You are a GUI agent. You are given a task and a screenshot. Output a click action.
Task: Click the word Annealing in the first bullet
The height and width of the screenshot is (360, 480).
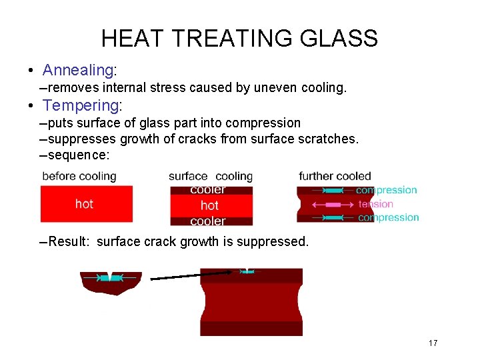click(x=79, y=70)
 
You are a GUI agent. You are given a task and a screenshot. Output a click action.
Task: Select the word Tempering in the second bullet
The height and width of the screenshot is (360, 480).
click(x=79, y=105)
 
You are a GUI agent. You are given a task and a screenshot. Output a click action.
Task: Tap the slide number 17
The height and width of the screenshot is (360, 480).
click(x=433, y=343)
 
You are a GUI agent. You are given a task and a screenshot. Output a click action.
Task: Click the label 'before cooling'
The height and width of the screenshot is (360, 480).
click(x=79, y=177)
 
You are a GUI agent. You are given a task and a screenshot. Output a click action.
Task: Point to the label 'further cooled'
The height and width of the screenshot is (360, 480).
click(x=335, y=177)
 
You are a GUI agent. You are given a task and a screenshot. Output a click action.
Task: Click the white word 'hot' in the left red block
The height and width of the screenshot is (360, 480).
click(x=84, y=203)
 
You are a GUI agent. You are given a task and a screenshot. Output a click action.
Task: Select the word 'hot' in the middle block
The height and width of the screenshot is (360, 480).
click(x=209, y=205)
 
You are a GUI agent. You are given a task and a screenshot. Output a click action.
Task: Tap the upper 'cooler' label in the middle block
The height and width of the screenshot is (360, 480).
click(x=208, y=190)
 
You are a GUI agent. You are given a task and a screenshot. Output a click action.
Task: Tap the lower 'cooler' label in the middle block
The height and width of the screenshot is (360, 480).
click(x=208, y=221)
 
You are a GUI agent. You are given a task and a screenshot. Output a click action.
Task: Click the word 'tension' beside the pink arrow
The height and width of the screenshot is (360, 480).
click(x=376, y=204)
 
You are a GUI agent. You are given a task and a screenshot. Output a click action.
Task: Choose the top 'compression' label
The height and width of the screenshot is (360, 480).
click(x=386, y=190)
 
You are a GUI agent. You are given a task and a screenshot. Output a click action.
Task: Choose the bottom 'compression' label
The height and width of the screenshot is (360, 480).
click(x=389, y=217)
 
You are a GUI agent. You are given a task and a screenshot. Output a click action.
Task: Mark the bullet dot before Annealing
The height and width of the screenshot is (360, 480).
click(x=31, y=71)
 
